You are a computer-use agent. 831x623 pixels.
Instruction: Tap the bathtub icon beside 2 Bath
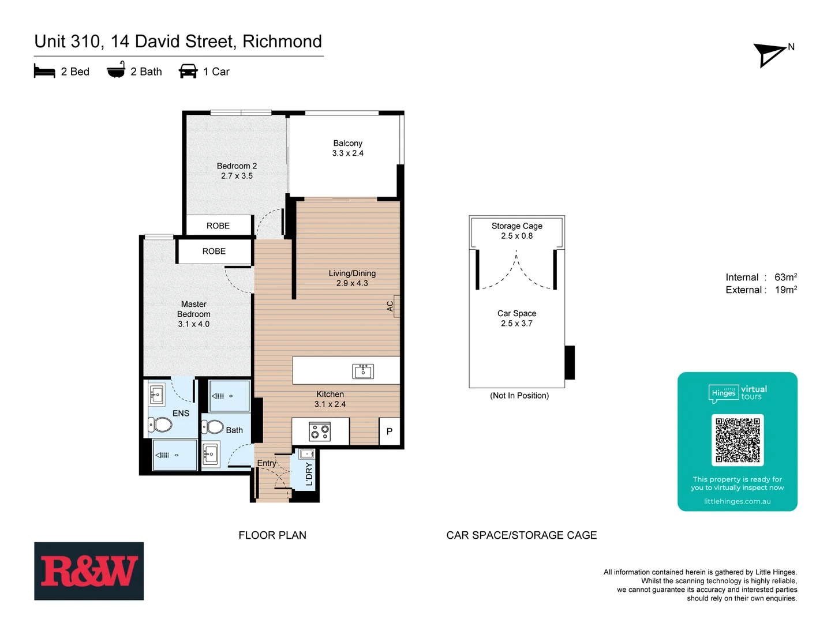(116, 70)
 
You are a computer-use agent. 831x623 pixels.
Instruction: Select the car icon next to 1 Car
(188, 71)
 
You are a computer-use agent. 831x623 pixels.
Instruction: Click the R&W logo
(89, 571)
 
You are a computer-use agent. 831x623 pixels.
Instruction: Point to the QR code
(738, 440)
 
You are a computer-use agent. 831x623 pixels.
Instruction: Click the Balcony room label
(347, 144)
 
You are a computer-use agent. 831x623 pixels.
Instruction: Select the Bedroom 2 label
(237, 166)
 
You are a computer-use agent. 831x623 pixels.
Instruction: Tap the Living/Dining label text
(352, 273)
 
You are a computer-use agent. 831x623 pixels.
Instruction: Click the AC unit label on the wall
(390, 306)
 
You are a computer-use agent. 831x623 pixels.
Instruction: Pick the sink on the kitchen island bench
(363, 371)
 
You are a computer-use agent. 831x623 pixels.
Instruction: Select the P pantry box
(390, 431)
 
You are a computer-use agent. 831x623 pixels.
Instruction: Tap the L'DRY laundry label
(309, 474)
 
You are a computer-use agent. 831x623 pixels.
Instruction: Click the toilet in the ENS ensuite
(160, 425)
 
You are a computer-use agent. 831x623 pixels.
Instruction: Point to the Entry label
(266, 463)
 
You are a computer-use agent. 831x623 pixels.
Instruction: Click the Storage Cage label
(516, 226)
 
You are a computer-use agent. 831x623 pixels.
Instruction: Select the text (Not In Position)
(519, 396)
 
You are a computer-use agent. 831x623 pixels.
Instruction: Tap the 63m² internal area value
(785, 277)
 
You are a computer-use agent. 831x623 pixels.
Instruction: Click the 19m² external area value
(785, 290)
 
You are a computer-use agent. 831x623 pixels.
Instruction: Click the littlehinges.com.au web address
(737, 501)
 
